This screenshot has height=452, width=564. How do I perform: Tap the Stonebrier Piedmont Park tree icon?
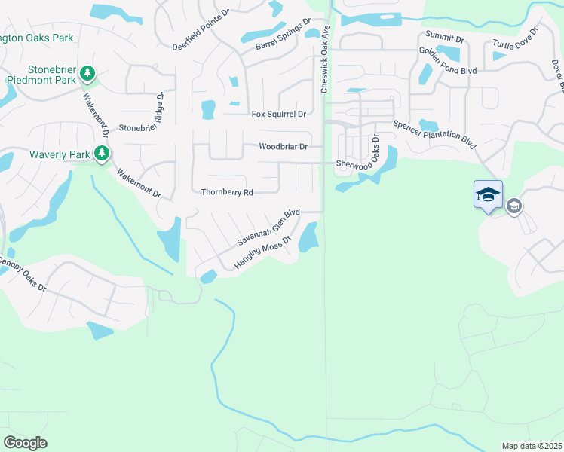(x=88, y=73)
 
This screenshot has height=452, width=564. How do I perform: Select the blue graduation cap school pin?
(x=488, y=194)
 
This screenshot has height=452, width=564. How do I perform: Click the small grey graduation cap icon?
(x=514, y=205)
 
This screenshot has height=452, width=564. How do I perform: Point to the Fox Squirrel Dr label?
(x=278, y=114)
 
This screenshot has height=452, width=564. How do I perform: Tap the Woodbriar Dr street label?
(x=284, y=147)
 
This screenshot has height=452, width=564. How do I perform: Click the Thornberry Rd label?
(x=226, y=192)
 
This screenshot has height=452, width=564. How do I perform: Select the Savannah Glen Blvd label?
(x=268, y=228)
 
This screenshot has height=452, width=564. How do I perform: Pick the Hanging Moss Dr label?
(x=262, y=252)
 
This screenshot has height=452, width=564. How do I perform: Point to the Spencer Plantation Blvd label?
(x=435, y=135)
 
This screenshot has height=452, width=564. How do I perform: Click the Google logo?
(x=26, y=442)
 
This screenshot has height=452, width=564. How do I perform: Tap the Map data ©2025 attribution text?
(x=532, y=446)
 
